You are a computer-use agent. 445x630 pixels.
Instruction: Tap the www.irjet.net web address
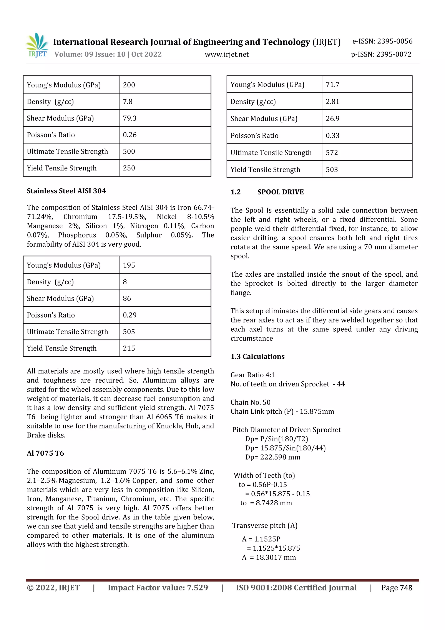[227, 54]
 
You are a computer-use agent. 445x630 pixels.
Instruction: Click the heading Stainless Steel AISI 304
[66, 191]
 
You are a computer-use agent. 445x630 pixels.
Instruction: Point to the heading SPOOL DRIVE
[280, 192]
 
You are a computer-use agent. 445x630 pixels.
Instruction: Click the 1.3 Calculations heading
[257, 356]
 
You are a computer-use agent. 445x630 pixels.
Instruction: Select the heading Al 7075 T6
[45, 453]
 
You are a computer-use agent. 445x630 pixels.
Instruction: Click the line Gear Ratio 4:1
[253, 375]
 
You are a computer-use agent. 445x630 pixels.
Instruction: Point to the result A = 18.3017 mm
[269, 557]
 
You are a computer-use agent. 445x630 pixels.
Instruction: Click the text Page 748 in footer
[397, 588]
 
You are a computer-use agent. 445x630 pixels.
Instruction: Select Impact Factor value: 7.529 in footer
[158, 588]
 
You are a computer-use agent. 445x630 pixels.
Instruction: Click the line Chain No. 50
[250, 402]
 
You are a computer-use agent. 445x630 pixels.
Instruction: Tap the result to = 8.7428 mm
[266, 503]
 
